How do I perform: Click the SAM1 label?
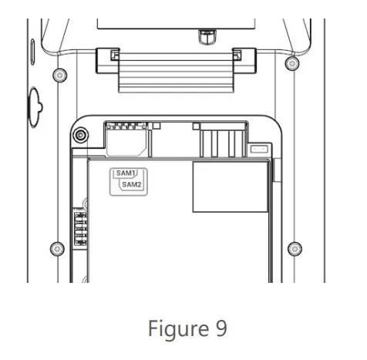[x=124, y=174]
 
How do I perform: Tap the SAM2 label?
[x=132, y=185]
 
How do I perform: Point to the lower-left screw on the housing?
[x=56, y=248]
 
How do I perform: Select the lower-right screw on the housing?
[x=293, y=248]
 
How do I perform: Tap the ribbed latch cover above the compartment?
[x=174, y=76]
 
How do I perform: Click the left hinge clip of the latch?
[x=110, y=56]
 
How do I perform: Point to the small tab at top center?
[x=205, y=35]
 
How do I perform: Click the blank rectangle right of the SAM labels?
[x=229, y=187]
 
